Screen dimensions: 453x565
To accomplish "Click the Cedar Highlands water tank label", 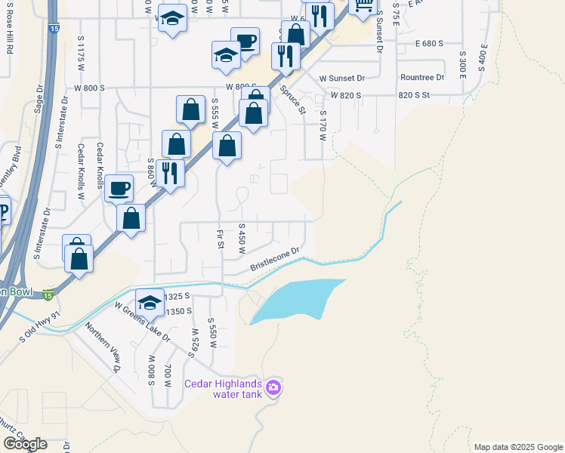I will click(x=224, y=389).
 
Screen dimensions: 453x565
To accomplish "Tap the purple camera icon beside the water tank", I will click(x=273, y=389).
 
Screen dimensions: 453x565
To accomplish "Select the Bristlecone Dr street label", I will click(x=276, y=258).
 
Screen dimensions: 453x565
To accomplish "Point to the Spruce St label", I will click(x=292, y=100).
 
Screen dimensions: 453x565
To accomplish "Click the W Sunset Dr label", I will click(x=341, y=78).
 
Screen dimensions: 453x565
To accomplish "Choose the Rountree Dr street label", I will click(x=422, y=78).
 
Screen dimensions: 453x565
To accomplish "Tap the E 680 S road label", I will click(x=429, y=44).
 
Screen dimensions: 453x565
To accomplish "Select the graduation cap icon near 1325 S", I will click(x=150, y=303).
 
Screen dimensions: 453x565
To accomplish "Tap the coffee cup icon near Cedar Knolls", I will click(x=118, y=188).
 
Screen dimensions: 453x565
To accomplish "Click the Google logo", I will click(x=25, y=444).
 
